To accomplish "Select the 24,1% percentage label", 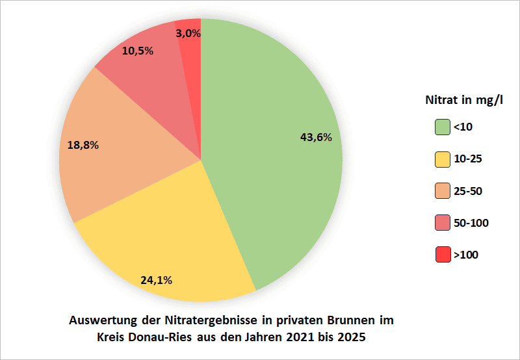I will click(156, 281).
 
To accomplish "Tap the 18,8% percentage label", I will click(83, 145).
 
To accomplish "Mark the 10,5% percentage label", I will click(137, 50).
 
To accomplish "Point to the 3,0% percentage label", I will click(188, 32).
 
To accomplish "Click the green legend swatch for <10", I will click(443, 127).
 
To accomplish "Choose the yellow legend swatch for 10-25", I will click(443, 159).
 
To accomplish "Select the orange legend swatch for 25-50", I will click(443, 191).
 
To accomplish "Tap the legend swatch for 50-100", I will click(443, 223).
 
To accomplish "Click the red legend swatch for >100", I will click(443, 255).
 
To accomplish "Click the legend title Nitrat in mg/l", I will click(464, 101).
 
